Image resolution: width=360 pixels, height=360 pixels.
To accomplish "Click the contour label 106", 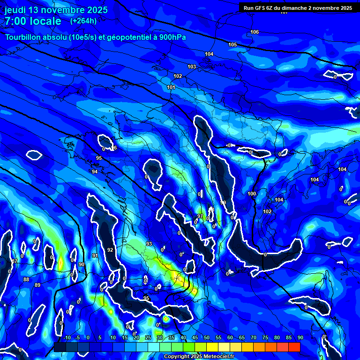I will click(x=255, y=32).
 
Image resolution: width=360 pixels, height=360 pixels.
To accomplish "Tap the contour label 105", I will click(x=232, y=45).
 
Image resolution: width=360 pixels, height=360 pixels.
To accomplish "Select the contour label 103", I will click(x=192, y=67).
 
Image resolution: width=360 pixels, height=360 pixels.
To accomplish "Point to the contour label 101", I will click(x=171, y=88).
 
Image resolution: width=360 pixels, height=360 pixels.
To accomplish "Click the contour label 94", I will click(x=95, y=172).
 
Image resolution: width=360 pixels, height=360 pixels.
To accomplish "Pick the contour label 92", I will click(x=110, y=250).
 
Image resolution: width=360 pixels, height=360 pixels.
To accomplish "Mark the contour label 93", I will click(x=149, y=244).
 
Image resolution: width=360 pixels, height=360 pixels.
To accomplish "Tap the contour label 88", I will click(x=26, y=279).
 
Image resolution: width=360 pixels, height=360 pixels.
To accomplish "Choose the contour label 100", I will click(x=252, y=194).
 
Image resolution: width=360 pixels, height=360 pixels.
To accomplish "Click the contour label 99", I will click(x=223, y=202).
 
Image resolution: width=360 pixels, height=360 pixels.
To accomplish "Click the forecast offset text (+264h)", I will click(x=83, y=21).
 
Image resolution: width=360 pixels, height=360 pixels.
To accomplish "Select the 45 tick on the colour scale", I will click(x=195, y=337).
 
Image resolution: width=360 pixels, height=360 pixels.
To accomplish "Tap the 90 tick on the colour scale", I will click(x=300, y=337).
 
